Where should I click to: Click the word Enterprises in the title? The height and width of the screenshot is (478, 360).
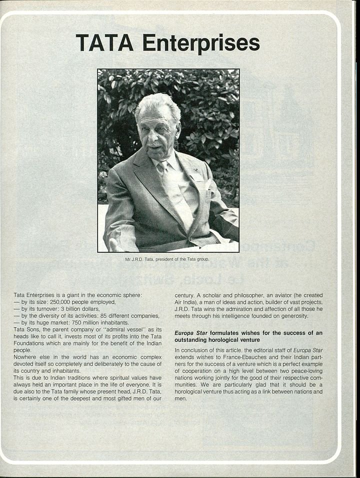(201, 43)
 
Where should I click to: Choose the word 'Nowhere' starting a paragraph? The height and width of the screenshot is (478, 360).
(27, 357)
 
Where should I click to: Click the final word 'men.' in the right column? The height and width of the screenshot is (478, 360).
(180, 399)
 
